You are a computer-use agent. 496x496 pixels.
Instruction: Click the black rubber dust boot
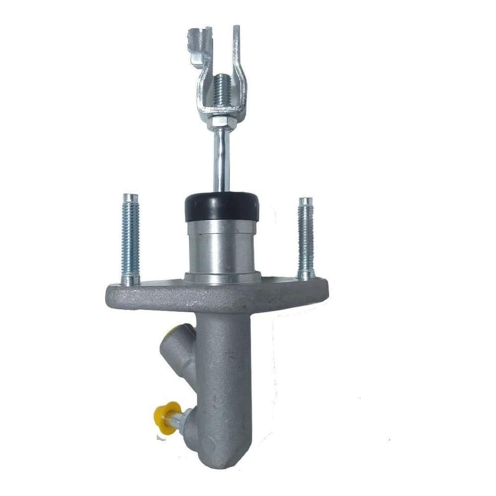click(x=222, y=206)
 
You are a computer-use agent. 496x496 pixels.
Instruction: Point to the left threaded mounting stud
click(x=130, y=238)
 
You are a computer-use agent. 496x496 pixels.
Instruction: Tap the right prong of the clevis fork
click(x=237, y=60)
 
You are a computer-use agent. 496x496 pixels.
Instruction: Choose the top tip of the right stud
click(x=306, y=201)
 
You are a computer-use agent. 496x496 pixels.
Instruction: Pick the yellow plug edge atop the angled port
click(x=174, y=330)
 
